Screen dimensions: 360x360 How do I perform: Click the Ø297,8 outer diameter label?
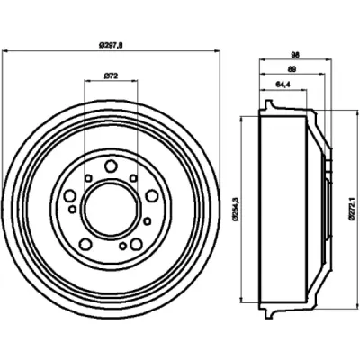(111, 46)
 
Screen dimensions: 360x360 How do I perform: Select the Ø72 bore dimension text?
(111, 76)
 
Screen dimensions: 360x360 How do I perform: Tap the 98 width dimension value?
(295, 55)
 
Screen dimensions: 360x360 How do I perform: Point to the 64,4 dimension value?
(283, 85)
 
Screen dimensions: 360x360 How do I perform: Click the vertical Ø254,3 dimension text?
(236, 209)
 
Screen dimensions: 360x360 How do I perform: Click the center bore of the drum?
(111, 209)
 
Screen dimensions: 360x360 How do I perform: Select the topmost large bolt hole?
(111, 166)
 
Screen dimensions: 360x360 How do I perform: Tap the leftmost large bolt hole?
(70, 196)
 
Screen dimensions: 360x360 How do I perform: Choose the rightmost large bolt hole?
(152, 196)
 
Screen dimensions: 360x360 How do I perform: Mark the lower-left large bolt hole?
(85, 244)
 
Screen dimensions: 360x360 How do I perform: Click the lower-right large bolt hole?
(136, 244)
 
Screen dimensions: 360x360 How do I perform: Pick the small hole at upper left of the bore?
(88, 178)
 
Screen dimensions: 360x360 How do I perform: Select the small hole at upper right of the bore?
(133, 178)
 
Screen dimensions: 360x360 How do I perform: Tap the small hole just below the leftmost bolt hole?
(73, 210)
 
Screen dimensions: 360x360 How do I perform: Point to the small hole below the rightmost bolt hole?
(147, 221)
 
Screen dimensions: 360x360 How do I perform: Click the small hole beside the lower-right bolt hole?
(122, 246)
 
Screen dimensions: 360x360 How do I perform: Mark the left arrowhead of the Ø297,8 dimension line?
(4, 51)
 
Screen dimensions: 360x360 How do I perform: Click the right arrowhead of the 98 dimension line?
(329, 60)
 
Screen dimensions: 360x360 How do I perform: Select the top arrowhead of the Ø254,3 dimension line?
(241, 119)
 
